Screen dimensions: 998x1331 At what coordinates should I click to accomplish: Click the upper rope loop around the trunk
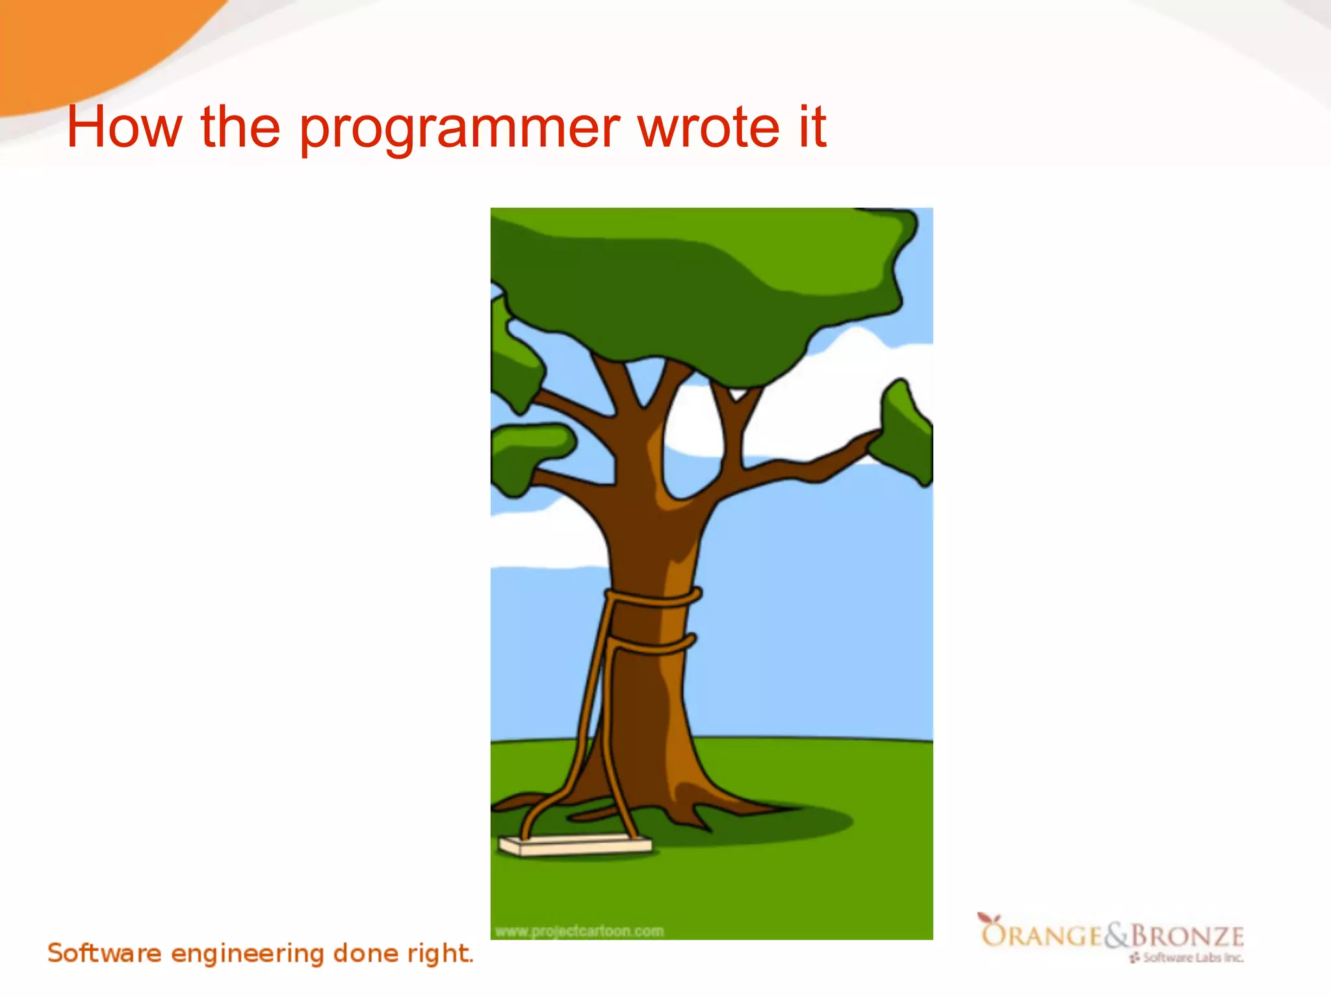653,597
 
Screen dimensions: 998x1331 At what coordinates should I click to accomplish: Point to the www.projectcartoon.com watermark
579,931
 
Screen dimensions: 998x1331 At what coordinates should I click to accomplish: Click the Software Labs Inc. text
1192,958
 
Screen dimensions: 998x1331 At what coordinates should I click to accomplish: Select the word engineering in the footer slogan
247,954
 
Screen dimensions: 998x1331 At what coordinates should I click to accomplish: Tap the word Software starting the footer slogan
104,953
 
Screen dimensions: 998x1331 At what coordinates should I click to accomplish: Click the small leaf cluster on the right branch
905,432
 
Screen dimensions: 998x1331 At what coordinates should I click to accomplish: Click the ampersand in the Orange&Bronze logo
1117,936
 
